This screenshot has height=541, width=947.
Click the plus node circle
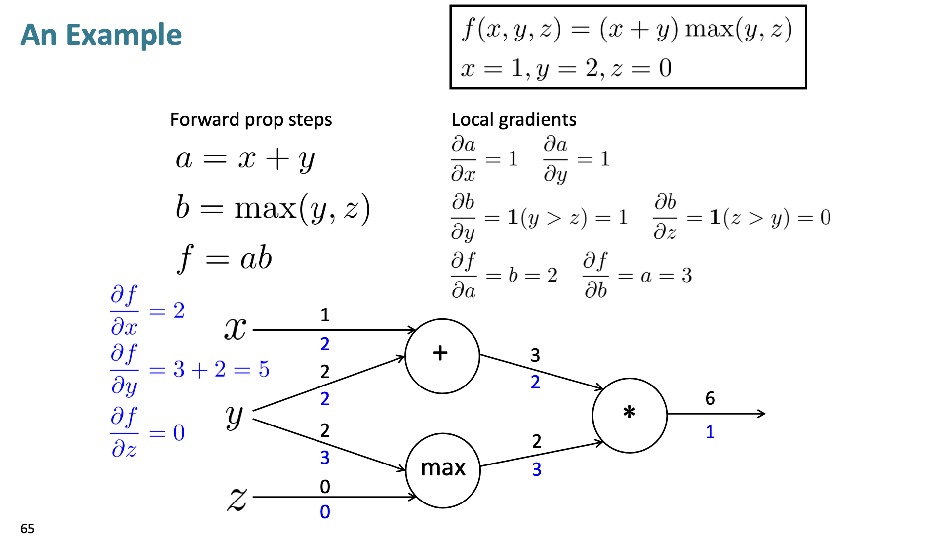[442, 355]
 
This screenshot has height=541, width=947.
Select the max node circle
[442, 470]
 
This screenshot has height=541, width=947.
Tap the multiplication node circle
[630, 415]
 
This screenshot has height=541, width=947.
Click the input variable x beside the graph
[236, 328]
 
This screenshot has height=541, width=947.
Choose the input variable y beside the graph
[235, 416]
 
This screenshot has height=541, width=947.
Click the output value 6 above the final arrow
[710, 398]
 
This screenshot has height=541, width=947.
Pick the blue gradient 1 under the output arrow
[710, 432]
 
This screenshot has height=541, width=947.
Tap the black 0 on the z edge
[325, 487]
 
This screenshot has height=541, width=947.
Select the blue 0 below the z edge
[325, 512]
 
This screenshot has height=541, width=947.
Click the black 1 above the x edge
[325, 315]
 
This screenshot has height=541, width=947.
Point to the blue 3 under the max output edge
[537, 469]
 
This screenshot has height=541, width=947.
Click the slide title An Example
[101, 35]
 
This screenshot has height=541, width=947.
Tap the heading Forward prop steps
[251, 120]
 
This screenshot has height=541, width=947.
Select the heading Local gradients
[513, 120]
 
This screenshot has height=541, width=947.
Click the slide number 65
[27, 529]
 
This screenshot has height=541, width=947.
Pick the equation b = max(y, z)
[273, 208]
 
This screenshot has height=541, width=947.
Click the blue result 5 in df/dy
[264, 369]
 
